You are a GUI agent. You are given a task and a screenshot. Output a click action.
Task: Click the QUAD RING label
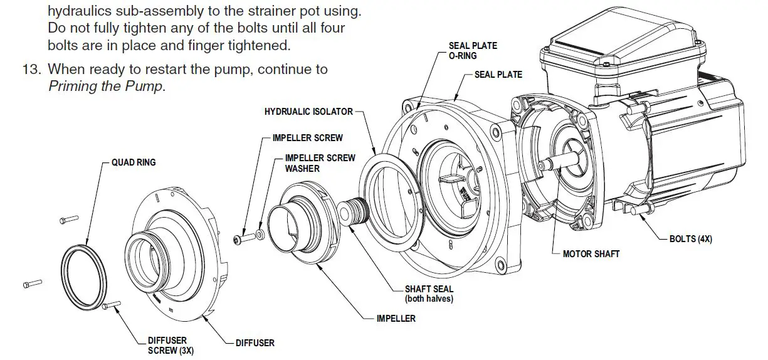click(x=134, y=162)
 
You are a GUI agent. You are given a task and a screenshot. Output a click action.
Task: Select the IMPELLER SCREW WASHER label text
click(x=320, y=163)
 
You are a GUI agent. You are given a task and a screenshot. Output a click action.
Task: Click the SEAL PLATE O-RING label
click(x=472, y=51)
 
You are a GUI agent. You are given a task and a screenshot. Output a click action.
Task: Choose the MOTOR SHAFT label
click(x=591, y=254)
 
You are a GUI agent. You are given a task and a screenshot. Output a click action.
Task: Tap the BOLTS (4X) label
click(x=690, y=239)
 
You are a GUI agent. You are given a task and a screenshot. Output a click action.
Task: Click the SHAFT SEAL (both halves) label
click(x=428, y=294)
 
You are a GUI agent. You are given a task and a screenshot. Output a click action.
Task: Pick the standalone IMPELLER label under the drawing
click(x=396, y=319)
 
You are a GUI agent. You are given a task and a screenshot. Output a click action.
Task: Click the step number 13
click(x=31, y=69)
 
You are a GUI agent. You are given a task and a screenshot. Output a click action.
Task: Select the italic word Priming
click(x=72, y=86)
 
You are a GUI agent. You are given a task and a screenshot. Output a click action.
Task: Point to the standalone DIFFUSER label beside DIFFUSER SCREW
click(x=255, y=343)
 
